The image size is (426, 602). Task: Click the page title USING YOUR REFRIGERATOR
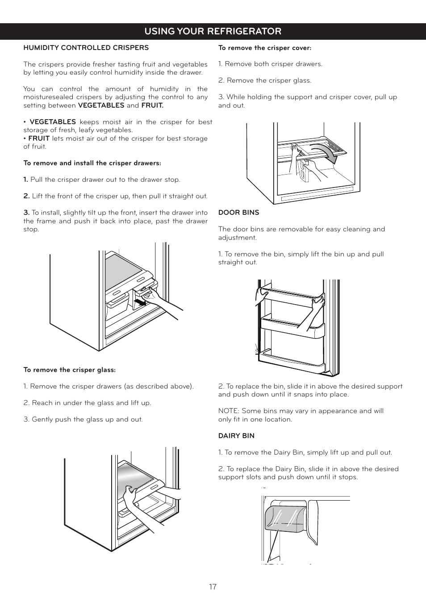(x=213, y=31)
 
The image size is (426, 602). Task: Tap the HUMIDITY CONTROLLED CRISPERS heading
(x=86, y=48)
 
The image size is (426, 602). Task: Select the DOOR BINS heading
(x=238, y=213)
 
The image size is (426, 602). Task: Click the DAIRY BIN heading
(x=236, y=436)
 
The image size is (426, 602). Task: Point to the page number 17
(x=213, y=587)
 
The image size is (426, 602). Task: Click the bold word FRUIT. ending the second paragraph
(x=152, y=105)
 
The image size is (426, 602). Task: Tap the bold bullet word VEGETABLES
(x=53, y=122)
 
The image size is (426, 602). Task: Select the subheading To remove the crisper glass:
(x=69, y=370)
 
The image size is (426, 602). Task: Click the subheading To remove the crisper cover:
(x=264, y=48)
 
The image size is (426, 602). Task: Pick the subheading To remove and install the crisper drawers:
(x=92, y=163)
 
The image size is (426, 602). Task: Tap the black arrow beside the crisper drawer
(x=140, y=303)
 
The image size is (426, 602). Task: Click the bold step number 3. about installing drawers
(x=26, y=213)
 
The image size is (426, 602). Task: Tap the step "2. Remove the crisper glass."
(x=264, y=80)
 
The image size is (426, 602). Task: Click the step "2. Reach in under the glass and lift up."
(x=87, y=403)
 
